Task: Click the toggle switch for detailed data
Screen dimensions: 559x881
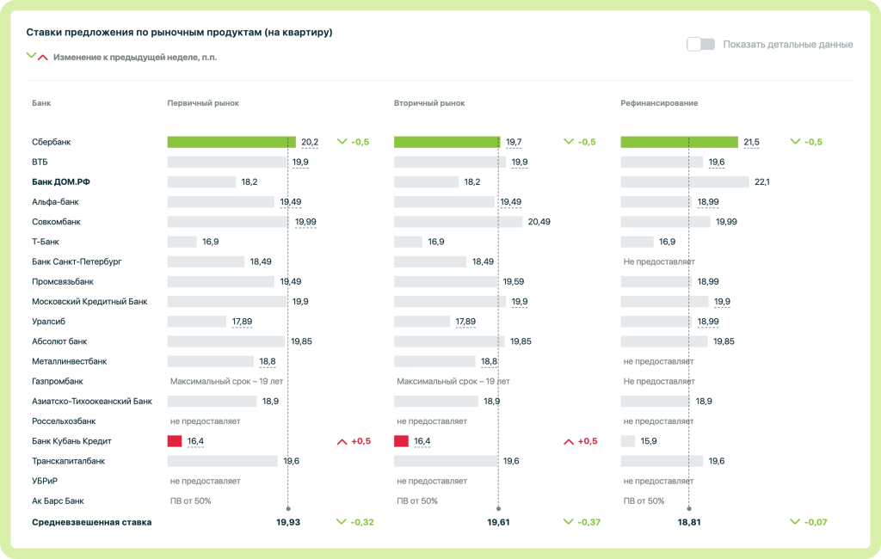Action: [700, 44]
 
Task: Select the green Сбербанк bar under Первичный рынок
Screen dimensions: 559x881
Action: [231, 142]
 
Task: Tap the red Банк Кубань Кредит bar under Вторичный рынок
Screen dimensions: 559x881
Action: [401, 441]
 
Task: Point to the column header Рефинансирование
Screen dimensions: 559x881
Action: [659, 103]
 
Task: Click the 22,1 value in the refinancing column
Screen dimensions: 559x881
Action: [761, 182]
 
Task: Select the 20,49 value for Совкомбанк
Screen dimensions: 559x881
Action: [539, 222]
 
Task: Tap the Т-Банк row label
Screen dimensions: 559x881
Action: [46, 242]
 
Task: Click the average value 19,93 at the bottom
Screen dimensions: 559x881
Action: [288, 522]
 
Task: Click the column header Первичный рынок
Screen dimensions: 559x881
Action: [203, 103]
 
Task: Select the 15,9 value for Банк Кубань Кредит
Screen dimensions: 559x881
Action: [649, 441]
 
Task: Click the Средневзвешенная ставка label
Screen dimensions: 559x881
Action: [91, 522]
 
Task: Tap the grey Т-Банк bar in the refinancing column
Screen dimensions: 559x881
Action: [637, 242]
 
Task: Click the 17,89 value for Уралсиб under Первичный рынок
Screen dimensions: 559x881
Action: [242, 322]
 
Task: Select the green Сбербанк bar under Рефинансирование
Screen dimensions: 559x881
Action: [679, 142]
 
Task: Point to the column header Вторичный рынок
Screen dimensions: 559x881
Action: [429, 103]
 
